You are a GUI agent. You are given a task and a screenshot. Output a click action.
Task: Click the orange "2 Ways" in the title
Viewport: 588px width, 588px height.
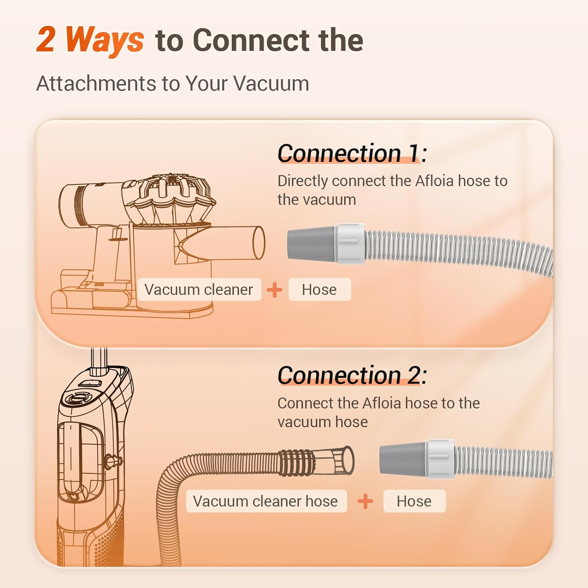click(x=90, y=40)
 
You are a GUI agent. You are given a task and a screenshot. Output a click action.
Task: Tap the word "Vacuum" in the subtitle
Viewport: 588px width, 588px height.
click(x=272, y=83)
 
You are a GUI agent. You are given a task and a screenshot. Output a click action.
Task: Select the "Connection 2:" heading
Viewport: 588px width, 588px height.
click(x=352, y=375)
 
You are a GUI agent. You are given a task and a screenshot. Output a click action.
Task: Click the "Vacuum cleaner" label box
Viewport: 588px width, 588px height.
click(x=199, y=290)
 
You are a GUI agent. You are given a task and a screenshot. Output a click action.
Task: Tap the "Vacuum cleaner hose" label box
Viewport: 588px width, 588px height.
click(x=266, y=501)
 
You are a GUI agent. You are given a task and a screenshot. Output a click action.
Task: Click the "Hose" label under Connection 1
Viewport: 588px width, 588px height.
click(x=319, y=290)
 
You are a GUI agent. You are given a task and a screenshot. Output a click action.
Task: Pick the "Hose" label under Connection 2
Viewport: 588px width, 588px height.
click(x=414, y=501)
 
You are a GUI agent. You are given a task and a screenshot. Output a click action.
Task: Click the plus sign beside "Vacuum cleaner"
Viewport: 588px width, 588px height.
click(x=274, y=290)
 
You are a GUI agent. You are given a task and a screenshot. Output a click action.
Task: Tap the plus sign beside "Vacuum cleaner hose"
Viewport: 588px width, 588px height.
click(x=365, y=501)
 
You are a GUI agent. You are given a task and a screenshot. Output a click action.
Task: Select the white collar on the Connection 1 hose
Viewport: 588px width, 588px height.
click(x=350, y=243)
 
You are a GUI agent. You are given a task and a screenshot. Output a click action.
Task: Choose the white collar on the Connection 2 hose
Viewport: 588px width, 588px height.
click(x=441, y=458)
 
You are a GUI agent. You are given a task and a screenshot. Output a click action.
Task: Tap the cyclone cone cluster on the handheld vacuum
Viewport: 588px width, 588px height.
click(x=172, y=200)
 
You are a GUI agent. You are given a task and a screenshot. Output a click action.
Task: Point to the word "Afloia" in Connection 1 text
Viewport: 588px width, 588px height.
click(x=434, y=181)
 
